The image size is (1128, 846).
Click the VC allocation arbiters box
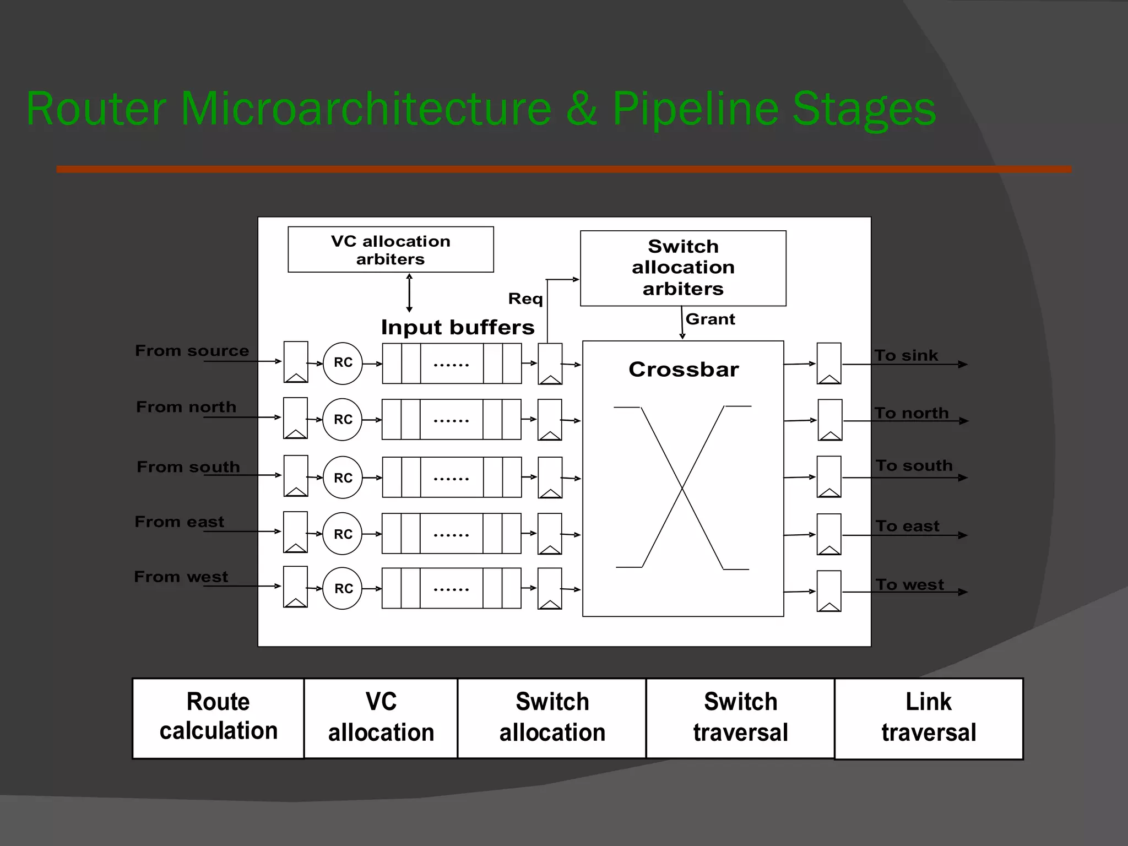391,250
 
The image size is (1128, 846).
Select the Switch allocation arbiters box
683,268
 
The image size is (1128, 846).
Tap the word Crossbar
684,370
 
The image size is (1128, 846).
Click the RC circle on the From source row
343,363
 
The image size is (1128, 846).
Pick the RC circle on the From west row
343,588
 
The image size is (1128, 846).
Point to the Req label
525,299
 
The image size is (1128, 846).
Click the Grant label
710,319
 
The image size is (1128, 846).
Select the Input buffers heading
458,328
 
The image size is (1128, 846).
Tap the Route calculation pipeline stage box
218,718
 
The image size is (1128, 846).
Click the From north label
186,407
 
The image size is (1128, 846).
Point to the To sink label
906,356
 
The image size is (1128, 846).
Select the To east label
907,527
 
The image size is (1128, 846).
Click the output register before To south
829,476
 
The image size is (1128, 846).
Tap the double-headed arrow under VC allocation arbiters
409,293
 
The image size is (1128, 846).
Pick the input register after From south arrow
296,476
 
